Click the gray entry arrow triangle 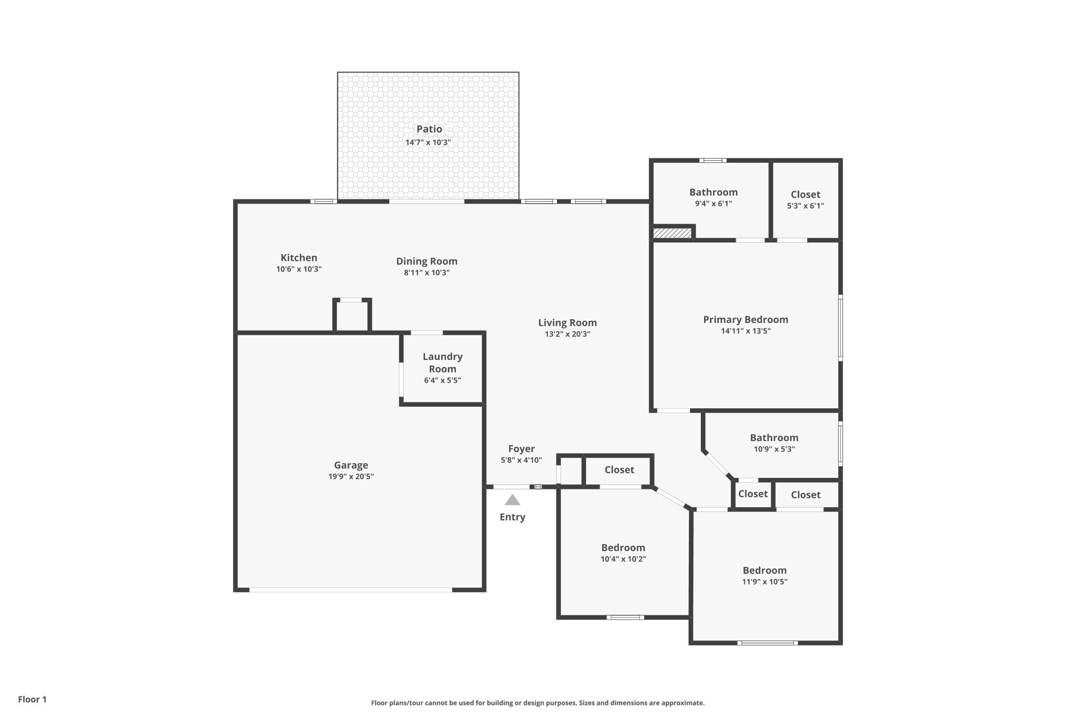512,500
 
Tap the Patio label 429,129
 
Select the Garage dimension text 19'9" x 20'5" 351,477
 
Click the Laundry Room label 443,362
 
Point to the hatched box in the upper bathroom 672,233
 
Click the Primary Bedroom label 746,319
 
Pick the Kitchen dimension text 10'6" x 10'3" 299,269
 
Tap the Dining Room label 427,262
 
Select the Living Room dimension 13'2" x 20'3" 567,334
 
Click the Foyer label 521,449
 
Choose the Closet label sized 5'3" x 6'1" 805,195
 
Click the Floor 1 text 32,699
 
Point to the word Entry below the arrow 512,517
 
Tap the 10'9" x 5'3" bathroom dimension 774,449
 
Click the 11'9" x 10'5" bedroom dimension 764,581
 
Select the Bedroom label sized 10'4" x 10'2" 623,548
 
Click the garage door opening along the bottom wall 350,590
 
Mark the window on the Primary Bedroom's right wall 840,327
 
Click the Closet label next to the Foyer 619,470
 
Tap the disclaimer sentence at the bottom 537,703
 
